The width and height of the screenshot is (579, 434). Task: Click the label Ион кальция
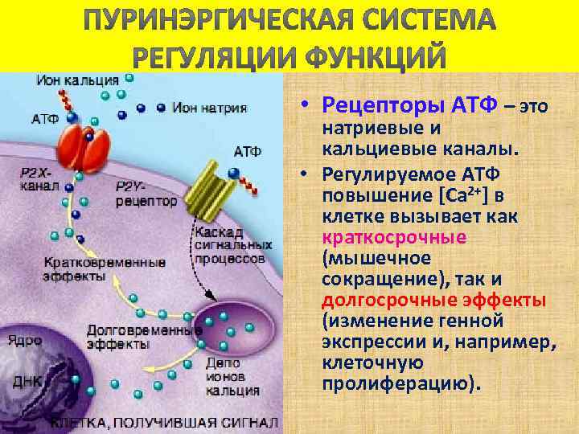[77, 81]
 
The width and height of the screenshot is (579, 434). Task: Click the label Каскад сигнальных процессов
[230, 245]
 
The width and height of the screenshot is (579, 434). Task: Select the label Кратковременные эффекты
[105, 268]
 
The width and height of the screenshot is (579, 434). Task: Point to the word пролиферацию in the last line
[400, 384]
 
